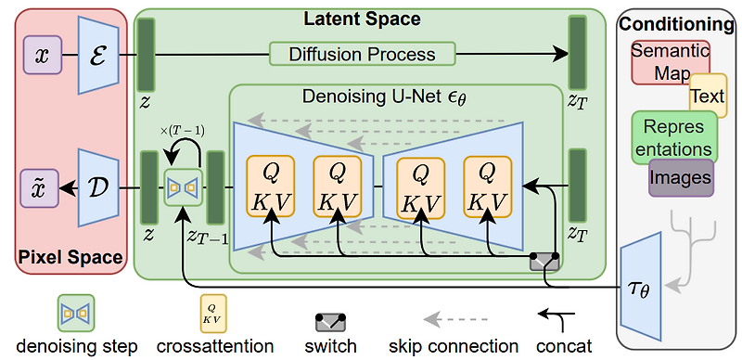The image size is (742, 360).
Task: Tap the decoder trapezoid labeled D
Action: click(97, 187)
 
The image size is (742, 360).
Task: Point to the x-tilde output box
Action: click(42, 187)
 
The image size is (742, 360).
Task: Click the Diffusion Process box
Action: click(363, 54)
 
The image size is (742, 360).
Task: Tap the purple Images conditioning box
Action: click(680, 176)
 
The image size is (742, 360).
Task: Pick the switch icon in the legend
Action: click(330, 321)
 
